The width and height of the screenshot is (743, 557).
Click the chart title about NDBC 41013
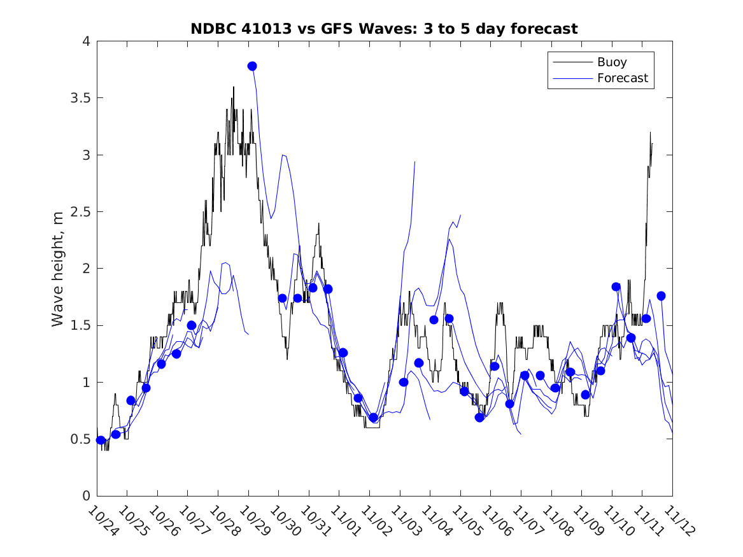click(384, 29)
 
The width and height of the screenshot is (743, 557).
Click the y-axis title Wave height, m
click(58, 268)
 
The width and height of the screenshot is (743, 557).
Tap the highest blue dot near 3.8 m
click(252, 66)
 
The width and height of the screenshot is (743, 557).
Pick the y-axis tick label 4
click(85, 41)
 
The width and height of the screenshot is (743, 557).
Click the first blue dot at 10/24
click(101, 440)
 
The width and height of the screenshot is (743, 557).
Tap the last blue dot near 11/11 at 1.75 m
click(661, 296)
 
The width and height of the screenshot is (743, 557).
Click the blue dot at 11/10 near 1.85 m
click(616, 287)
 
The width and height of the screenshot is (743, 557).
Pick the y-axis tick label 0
click(85, 496)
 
